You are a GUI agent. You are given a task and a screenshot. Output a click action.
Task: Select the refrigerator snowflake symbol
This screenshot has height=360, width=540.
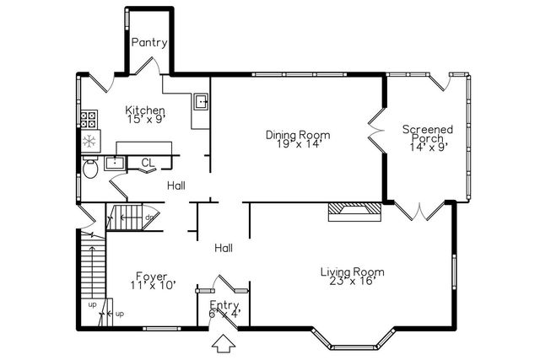(89, 140)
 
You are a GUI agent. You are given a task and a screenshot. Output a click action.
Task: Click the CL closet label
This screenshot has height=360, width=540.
(147, 163)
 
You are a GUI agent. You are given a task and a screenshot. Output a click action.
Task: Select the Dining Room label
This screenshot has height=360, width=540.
(297, 135)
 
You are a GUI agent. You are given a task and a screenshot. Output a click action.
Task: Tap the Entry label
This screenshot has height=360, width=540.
(224, 306)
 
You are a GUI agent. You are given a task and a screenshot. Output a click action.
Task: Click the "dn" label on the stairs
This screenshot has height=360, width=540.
(148, 218)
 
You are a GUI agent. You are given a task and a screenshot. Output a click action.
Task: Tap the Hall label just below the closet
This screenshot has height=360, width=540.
(176, 185)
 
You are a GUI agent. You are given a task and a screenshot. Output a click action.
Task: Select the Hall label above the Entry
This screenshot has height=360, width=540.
(224, 248)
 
